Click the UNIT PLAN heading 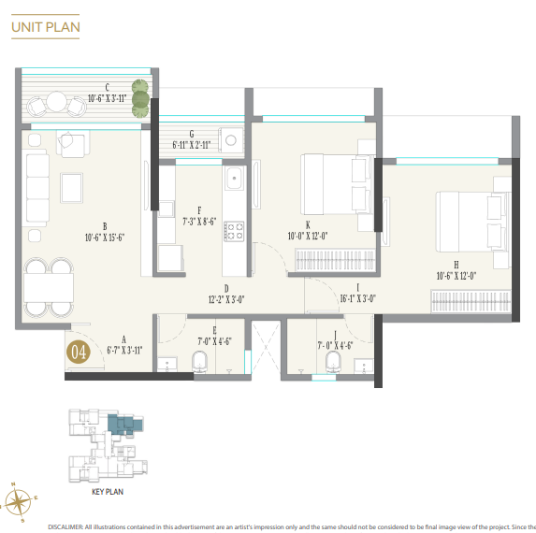(46, 27)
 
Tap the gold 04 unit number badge (78, 353)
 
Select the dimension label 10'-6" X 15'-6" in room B (105, 238)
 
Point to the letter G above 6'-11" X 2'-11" (191, 134)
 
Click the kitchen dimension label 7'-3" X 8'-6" (199, 222)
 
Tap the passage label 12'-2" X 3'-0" (226, 300)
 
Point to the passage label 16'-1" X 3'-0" (356, 299)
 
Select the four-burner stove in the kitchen (233, 230)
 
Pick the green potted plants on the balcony (140, 97)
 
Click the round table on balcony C (58, 100)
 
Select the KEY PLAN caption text (108, 490)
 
